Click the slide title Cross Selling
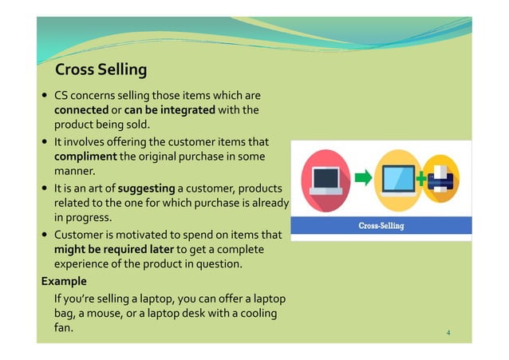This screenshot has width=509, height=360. (101, 69)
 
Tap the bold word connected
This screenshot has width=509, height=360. (81, 109)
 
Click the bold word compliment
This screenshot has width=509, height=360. (85, 156)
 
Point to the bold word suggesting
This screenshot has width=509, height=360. (146, 188)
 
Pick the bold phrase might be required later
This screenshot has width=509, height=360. (108, 250)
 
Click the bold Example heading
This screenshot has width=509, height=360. (64, 282)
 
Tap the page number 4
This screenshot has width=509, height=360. (449, 331)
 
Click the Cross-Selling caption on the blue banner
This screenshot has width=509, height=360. (380, 226)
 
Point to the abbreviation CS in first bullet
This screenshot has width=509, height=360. (61, 94)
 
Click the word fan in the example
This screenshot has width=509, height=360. (63, 327)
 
